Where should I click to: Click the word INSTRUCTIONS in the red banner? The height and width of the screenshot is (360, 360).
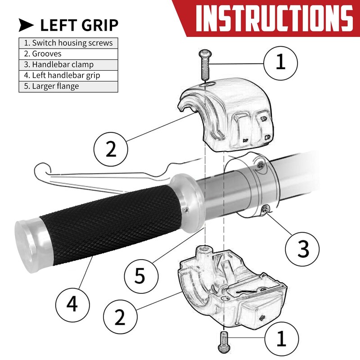pos(274,18)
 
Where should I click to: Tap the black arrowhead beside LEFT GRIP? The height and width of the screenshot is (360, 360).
pos(26,25)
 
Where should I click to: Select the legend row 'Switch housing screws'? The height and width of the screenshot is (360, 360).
pos(68,43)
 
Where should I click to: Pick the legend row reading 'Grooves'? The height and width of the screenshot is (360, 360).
pos(68,54)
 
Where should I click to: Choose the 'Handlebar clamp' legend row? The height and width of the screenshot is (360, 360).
pos(68,65)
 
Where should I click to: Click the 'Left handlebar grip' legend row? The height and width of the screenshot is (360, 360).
pos(68,76)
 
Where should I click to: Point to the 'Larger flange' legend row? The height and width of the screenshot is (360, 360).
pos(68,86)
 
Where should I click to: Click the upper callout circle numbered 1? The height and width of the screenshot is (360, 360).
pos(280,63)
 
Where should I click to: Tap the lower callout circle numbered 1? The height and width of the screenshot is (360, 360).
pos(282,339)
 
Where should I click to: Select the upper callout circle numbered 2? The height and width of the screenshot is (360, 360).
pos(111,149)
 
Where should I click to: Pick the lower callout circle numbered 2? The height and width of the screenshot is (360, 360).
pos(120,317)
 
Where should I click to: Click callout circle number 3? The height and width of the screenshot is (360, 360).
pos(302,249)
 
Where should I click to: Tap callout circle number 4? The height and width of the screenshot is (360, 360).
pos(72,305)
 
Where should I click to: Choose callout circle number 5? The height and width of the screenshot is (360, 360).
pos(141,276)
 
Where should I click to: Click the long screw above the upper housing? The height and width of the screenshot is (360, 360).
pos(205,64)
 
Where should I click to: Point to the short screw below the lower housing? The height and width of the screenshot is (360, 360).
pos(223,342)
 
